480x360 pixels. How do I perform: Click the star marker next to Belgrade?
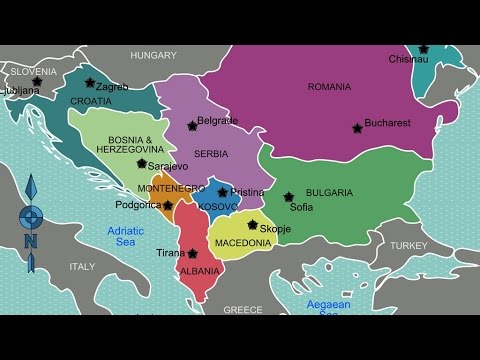[x=191, y=126]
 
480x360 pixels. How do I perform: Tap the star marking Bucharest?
[x=356, y=127]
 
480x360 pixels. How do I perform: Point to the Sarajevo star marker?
[x=142, y=163]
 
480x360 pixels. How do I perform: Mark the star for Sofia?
[x=288, y=197]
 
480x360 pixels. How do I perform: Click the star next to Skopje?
[x=252, y=225]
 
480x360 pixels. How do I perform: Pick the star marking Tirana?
[x=192, y=253]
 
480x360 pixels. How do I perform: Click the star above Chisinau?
[x=424, y=48]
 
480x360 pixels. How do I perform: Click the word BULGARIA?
[x=329, y=192]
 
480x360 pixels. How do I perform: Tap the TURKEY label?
[x=408, y=245]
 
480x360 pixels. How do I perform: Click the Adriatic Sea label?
[x=127, y=236]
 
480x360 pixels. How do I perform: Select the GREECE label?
[x=242, y=310]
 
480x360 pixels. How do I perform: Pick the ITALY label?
[x=82, y=267]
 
